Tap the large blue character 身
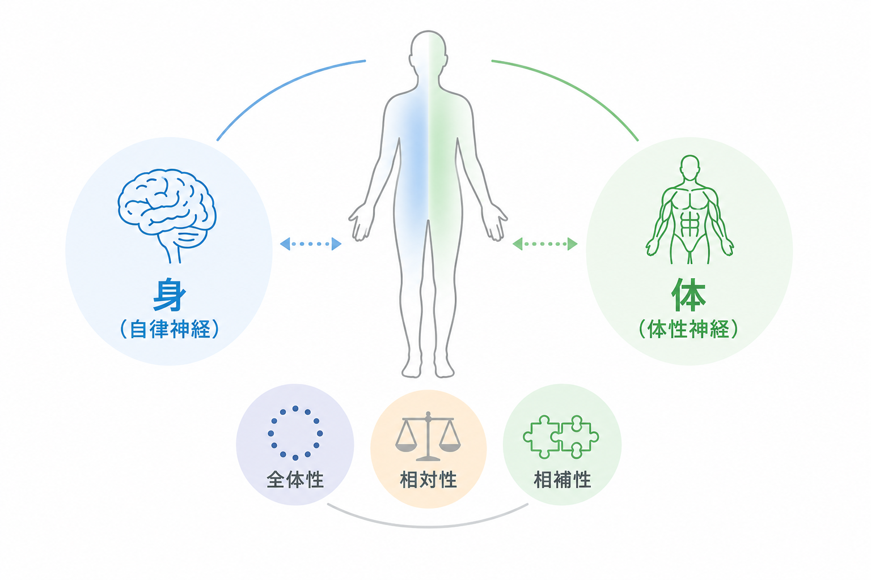(x=170, y=294)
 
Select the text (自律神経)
(x=170, y=329)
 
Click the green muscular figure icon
(x=690, y=210)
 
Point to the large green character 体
(x=688, y=294)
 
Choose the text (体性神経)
(x=688, y=329)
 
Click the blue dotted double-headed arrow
(x=311, y=244)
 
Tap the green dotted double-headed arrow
(x=545, y=244)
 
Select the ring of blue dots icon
(x=295, y=433)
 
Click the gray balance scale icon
(x=428, y=436)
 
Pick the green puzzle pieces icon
(x=561, y=437)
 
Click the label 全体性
(x=295, y=480)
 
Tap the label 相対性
(x=428, y=480)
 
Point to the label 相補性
(x=563, y=480)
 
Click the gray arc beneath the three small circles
(x=428, y=527)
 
